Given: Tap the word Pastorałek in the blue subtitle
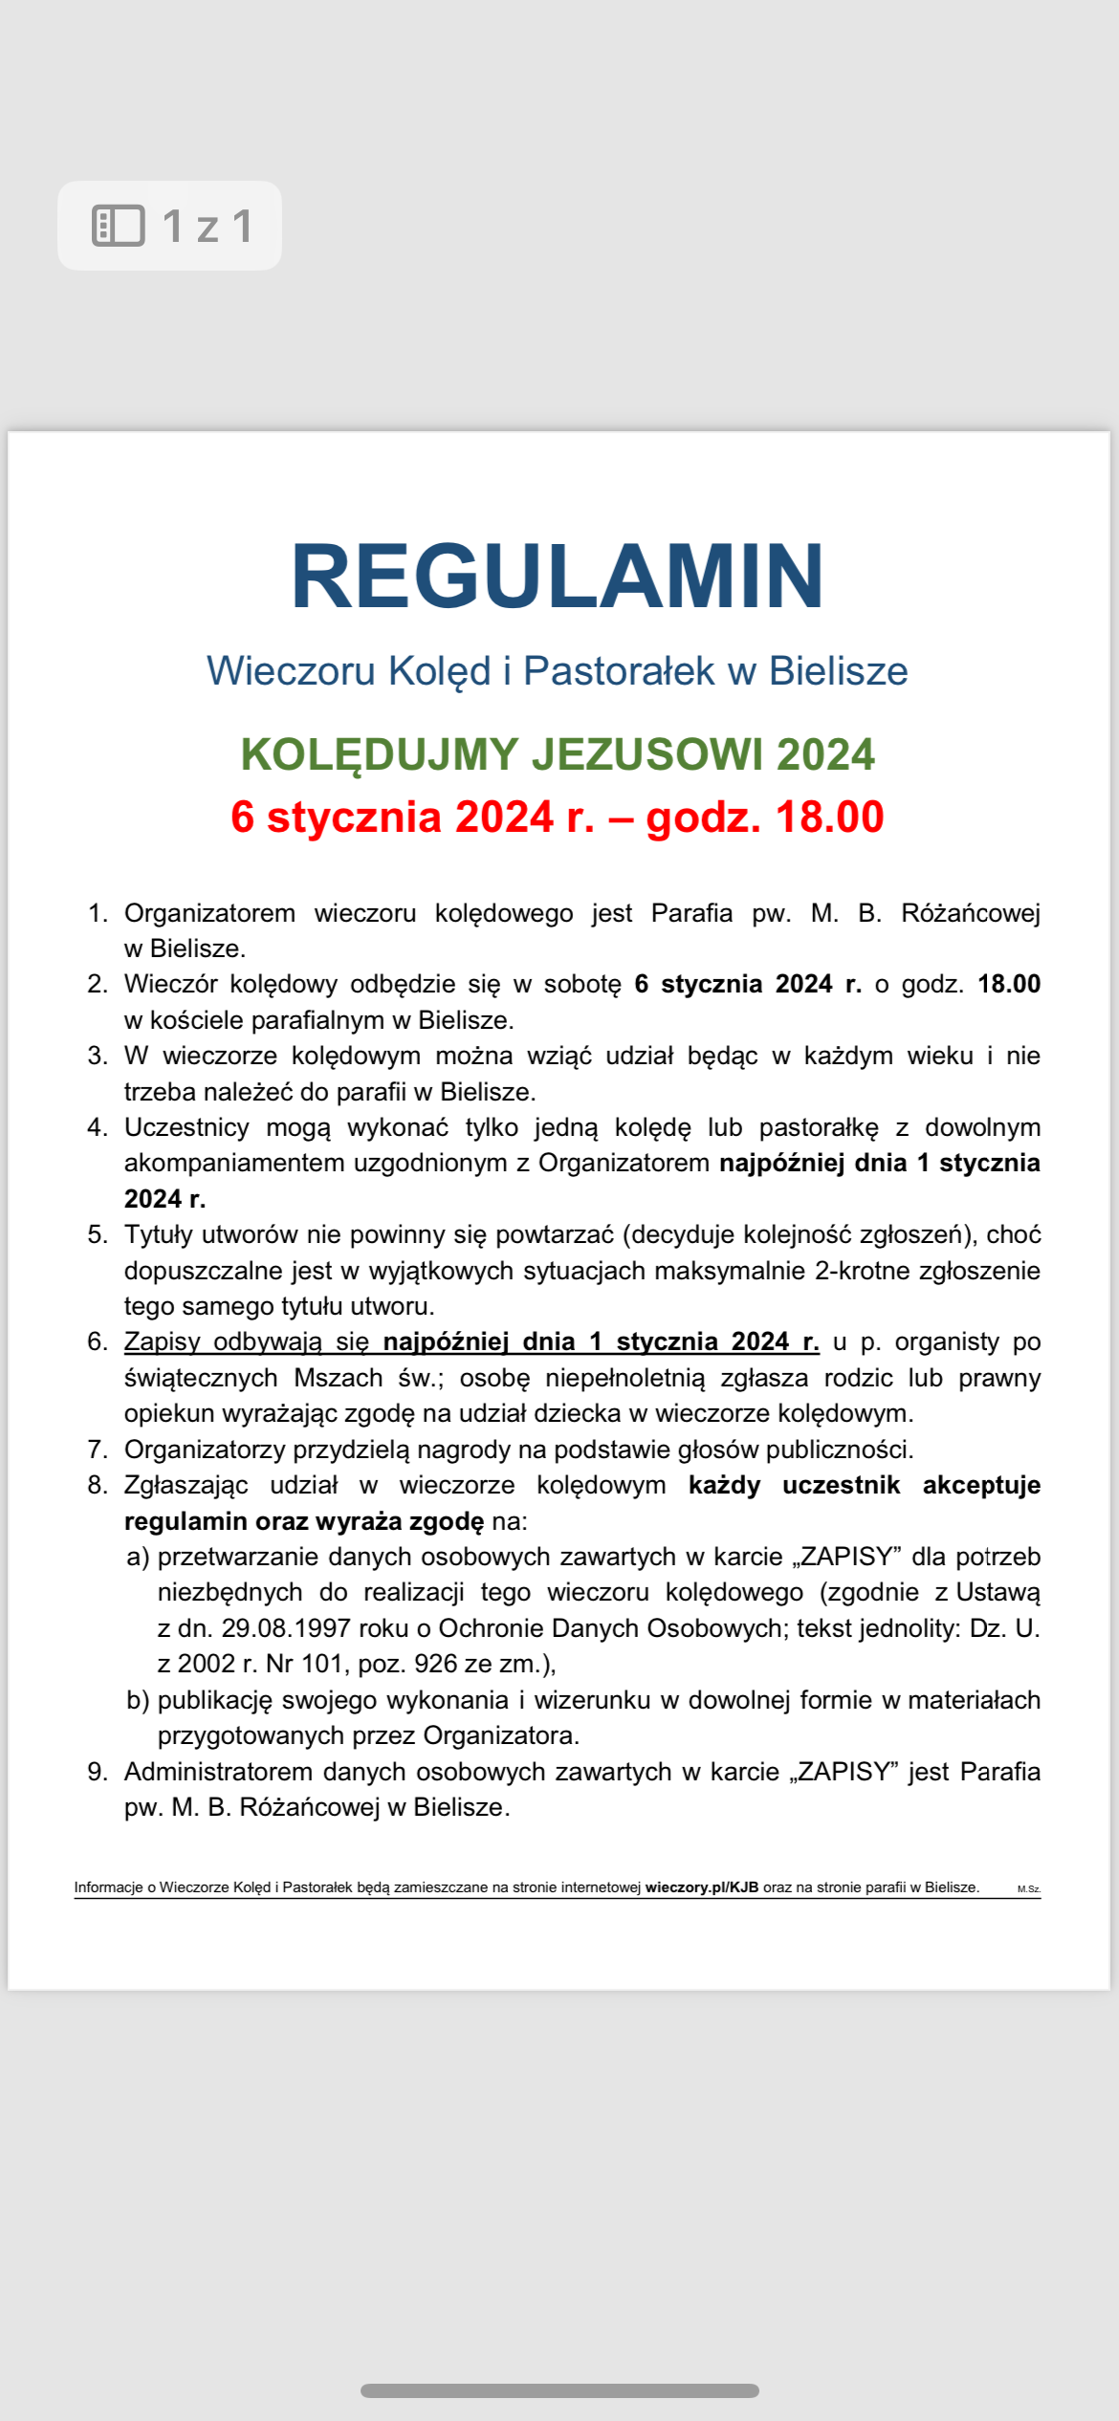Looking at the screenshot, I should [x=619, y=671].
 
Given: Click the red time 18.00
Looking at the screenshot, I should [x=829, y=818].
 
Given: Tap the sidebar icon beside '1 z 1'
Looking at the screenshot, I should [x=118, y=226].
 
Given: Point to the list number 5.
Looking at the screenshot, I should [x=97, y=1234].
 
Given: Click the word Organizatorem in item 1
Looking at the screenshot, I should [x=209, y=913].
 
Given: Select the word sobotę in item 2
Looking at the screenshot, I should [x=582, y=985].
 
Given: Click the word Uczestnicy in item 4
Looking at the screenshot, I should [x=186, y=1127].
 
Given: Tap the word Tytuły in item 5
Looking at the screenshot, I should [x=159, y=1235].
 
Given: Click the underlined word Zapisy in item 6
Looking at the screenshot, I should [x=162, y=1342].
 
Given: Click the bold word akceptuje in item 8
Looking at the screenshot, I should [x=981, y=1485].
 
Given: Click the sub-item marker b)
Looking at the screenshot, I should [x=138, y=1700].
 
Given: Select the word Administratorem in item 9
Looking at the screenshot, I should [x=219, y=1772].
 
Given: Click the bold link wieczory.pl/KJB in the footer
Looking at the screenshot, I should [x=702, y=1887].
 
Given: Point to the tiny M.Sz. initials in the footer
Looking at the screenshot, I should [x=1028, y=1889].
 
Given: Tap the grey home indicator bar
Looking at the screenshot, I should [x=559, y=2390].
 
